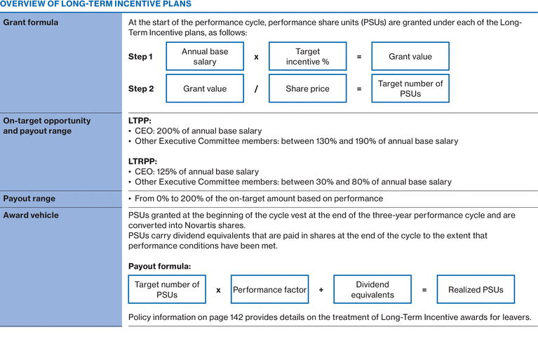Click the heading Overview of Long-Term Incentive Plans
click(x=95, y=4)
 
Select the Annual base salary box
click(x=205, y=57)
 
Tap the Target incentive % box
click(x=307, y=57)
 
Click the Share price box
click(x=307, y=89)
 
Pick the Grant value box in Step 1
click(x=410, y=57)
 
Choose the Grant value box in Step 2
click(x=205, y=89)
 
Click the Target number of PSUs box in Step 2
click(x=410, y=89)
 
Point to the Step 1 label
click(x=141, y=57)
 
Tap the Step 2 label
click(x=141, y=89)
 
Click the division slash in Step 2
click(x=256, y=89)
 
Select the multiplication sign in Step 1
click(x=256, y=57)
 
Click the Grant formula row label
click(x=31, y=22)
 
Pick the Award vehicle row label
click(x=31, y=215)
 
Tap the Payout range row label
click(x=29, y=199)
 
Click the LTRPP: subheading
click(x=143, y=161)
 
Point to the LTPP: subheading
click(x=140, y=121)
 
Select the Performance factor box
click(x=270, y=290)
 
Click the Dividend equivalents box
click(x=372, y=290)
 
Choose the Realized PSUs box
click(x=476, y=290)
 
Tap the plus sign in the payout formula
click(x=321, y=290)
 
